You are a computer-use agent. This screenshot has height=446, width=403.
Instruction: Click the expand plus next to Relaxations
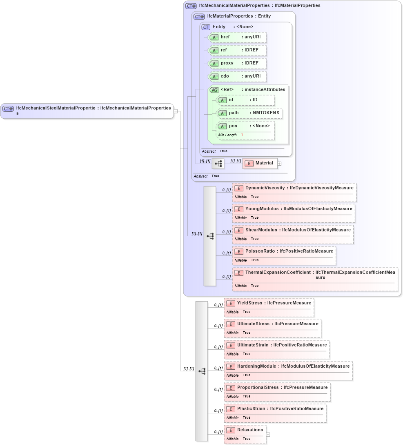268,435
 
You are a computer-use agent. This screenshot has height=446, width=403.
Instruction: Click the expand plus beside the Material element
279,164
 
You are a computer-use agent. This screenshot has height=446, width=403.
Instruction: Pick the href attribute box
237,37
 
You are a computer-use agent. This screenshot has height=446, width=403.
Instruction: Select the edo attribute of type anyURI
237,76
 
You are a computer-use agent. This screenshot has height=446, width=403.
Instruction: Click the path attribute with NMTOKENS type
249,113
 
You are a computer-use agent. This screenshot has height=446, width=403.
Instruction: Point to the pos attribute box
245,126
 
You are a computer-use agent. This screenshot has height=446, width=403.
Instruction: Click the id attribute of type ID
245,100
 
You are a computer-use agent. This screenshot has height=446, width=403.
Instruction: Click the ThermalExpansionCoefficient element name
278,272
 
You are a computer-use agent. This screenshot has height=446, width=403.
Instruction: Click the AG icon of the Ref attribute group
214,90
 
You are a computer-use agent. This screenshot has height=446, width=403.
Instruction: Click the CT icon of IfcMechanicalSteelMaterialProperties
8,109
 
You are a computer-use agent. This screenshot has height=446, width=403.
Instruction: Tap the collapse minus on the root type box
176,111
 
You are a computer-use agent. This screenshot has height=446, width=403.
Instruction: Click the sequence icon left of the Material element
218,164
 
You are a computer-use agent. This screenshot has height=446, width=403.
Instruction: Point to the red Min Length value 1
242,135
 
